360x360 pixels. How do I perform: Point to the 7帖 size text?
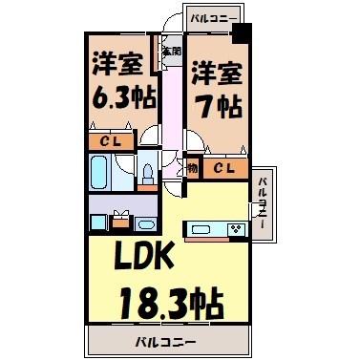click(x=217, y=103)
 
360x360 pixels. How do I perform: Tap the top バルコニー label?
click(x=212, y=17)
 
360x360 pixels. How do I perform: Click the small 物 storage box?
click(x=192, y=169)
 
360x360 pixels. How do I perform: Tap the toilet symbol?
click(x=148, y=175)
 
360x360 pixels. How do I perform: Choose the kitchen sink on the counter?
click(x=202, y=228)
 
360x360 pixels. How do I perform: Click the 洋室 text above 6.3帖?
click(x=118, y=64)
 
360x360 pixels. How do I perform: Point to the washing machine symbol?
click(x=120, y=222)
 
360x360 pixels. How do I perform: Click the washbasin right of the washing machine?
click(x=146, y=224)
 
